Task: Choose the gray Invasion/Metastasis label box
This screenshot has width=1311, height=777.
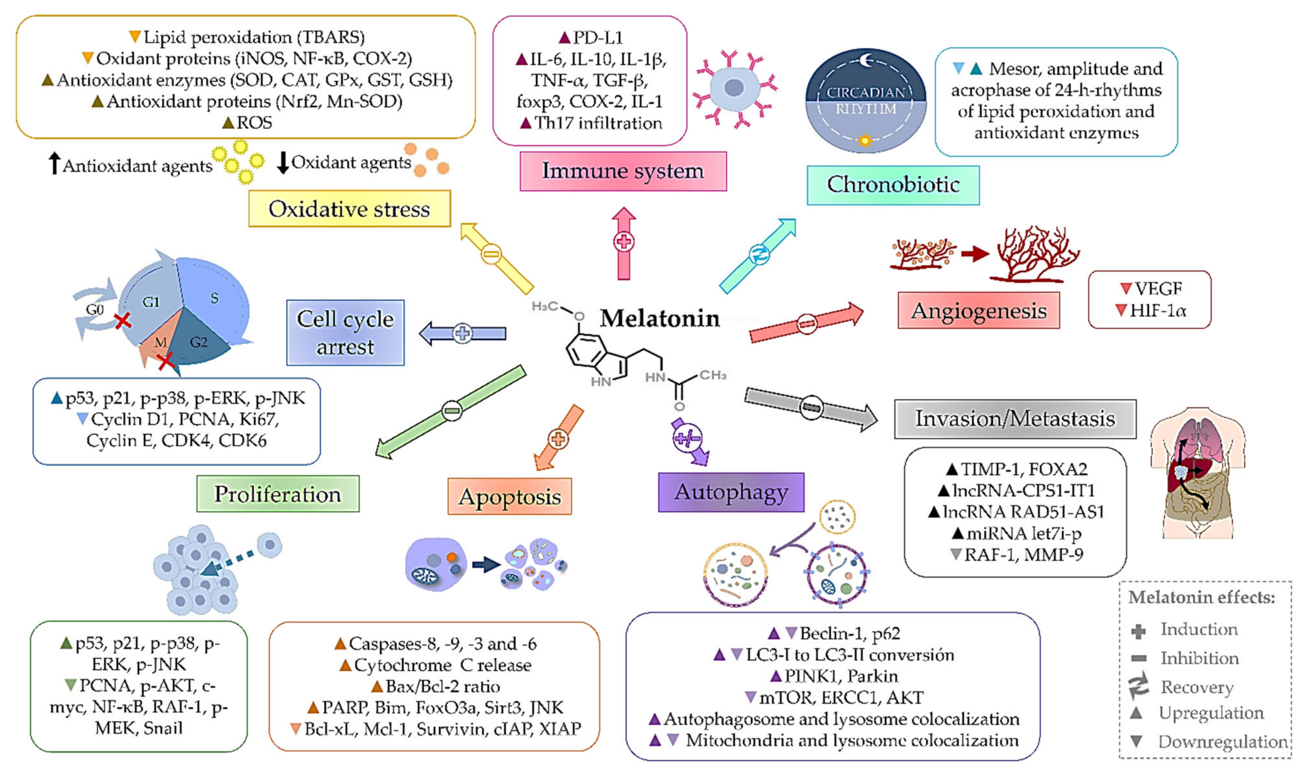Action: coord(1015,418)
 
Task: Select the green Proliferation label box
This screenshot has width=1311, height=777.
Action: coord(278,493)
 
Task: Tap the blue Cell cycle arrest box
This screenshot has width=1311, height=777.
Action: coord(345,332)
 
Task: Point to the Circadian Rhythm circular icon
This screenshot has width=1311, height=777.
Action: coord(865,100)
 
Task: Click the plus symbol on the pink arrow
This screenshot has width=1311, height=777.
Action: coord(624,242)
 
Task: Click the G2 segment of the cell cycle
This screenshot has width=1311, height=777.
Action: coord(199,342)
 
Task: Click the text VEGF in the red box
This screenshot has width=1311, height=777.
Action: coord(1158,288)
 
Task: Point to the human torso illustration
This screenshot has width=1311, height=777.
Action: coord(1198,471)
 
